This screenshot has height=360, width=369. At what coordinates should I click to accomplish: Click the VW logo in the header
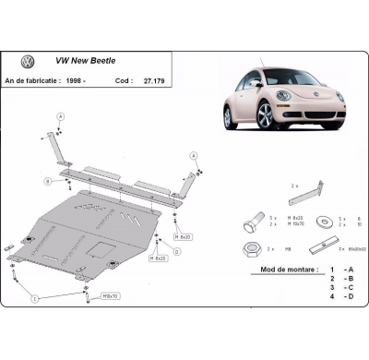click(28, 62)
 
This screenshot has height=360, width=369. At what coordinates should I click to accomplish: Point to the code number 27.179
click(181, 81)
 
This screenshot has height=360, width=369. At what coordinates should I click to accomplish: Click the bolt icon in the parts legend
click(256, 223)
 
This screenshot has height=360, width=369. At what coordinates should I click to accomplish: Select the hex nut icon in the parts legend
click(256, 248)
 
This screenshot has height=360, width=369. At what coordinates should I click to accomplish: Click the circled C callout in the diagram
click(34, 299)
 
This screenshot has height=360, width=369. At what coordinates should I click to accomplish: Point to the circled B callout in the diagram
click(47, 179)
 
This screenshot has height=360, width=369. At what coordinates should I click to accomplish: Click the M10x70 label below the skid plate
click(110, 296)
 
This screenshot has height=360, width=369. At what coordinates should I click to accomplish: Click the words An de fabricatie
click(46, 81)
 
